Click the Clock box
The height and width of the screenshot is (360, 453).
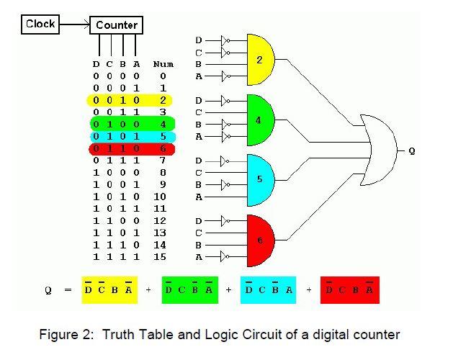click(40, 24)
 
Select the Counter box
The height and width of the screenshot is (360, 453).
click(116, 25)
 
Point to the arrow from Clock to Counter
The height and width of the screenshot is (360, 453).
click(75, 24)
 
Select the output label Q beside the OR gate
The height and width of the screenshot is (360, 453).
click(411, 150)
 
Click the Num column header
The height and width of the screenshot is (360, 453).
click(163, 64)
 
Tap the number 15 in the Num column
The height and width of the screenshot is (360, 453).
click(160, 257)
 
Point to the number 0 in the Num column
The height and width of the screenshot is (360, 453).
click(163, 76)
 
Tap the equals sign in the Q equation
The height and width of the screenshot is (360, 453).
click(68, 290)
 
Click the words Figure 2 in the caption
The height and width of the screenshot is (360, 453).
click(66, 335)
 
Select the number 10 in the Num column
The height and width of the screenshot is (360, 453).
click(160, 197)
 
